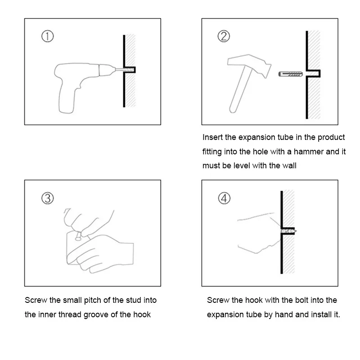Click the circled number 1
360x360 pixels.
point(48,36)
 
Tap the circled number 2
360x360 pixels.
point(224,36)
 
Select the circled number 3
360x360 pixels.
point(48,198)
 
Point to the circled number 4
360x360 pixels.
point(224,198)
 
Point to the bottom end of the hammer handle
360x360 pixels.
point(233,110)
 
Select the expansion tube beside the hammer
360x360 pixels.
point(290,74)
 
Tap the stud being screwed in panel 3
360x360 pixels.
point(78,236)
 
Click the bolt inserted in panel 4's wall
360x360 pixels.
point(288,231)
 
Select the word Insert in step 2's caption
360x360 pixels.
point(212,137)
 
